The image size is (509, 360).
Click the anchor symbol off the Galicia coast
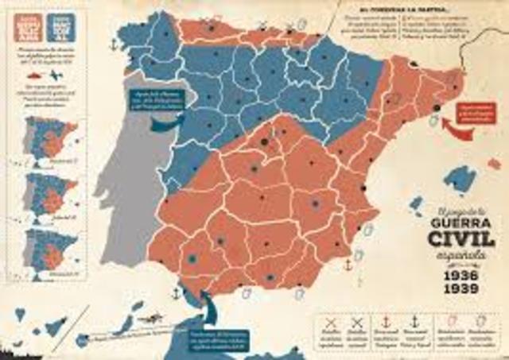(112, 45)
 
